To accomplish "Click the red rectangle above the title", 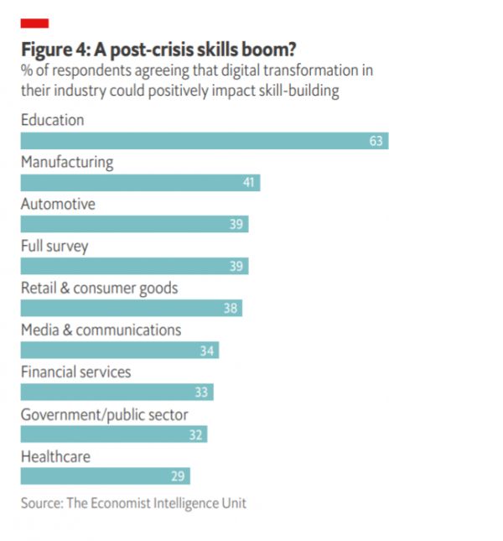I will pyautogui.click(x=34, y=23).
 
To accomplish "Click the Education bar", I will pyautogui.click(x=204, y=141).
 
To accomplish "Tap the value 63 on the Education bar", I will pyautogui.click(x=376, y=141).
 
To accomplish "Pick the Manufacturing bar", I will pyautogui.click(x=140, y=183).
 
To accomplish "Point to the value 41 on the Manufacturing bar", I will pyautogui.click(x=248, y=183).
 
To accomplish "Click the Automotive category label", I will pyautogui.click(x=58, y=204).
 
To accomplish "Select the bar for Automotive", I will pyautogui.click(x=134, y=224).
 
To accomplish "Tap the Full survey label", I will pyautogui.click(x=54, y=247).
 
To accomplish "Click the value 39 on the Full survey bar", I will pyautogui.click(x=236, y=267).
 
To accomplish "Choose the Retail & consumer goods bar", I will pyautogui.click(x=131, y=308).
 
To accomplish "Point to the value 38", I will pyautogui.click(x=231, y=308).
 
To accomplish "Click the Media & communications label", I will pyautogui.click(x=101, y=330).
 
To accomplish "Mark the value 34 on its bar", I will pyautogui.click(x=207, y=351).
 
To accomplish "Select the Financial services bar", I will pyautogui.click(x=117, y=392).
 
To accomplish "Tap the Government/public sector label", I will pyautogui.click(x=104, y=414).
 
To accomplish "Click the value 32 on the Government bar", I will pyautogui.click(x=196, y=434).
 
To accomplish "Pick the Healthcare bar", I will pyautogui.click(x=105, y=476).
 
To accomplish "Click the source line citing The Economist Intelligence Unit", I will pyautogui.click(x=133, y=503).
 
